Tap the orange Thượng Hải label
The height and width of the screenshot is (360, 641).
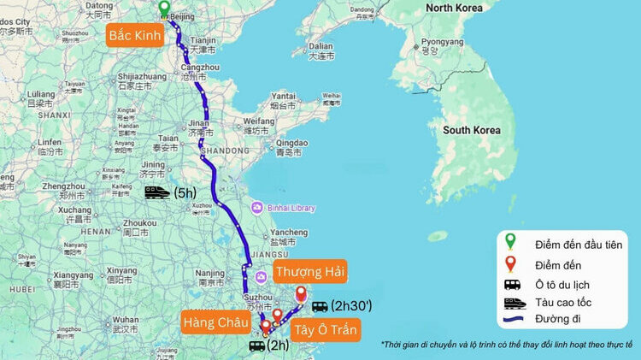point(309,272)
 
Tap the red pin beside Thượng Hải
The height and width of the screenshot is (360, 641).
point(300,295)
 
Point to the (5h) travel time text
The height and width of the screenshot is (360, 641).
point(185,193)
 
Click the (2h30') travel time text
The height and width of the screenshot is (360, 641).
point(353,306)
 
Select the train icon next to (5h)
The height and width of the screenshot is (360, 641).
point(157,193)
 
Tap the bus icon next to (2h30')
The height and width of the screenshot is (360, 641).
point(320,306)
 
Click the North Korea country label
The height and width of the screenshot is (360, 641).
point(462,8)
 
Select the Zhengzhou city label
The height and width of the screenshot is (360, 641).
point(64,186)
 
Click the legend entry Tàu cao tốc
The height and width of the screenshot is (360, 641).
point(565,303)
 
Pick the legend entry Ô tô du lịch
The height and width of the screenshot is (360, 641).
point(565,284)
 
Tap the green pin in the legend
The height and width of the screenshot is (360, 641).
point(512,243)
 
